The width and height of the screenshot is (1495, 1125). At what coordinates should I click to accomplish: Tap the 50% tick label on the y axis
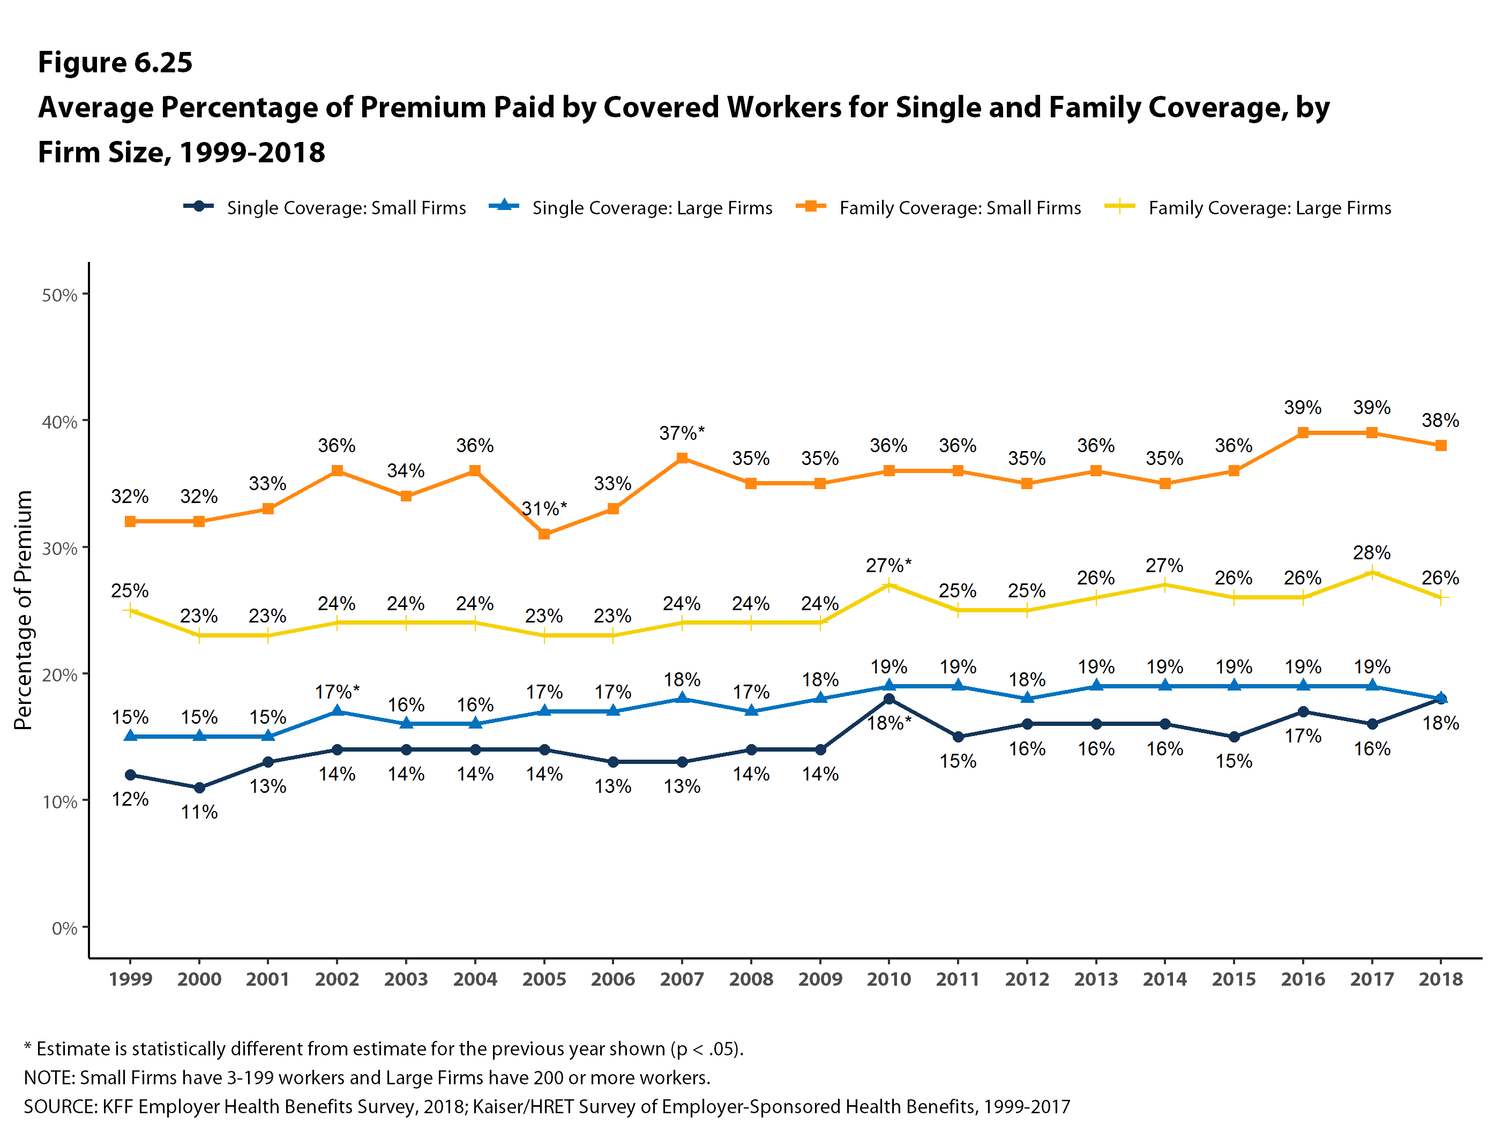(x=59, y=295)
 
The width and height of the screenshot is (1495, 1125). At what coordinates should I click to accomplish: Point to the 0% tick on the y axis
(x=64, y=928)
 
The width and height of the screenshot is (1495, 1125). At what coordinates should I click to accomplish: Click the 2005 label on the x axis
(x=544, y=979)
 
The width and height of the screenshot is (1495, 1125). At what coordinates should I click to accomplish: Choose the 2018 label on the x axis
(x=1440, y=979)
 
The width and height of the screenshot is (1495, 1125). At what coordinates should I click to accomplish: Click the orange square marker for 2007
(x=682, y=458)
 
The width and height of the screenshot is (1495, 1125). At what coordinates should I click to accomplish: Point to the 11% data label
(x=199, y=812)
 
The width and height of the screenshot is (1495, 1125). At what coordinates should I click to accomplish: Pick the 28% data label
(x=1371, y=553)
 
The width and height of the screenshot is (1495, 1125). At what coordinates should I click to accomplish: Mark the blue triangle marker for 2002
(x=337, y=711)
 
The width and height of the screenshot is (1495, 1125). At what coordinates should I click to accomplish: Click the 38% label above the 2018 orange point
(x=1440, y=421)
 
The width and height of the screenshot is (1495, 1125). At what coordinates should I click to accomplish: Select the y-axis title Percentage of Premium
(x=23, y=610)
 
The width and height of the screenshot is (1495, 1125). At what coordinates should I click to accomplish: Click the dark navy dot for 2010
(x=889, y=699)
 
